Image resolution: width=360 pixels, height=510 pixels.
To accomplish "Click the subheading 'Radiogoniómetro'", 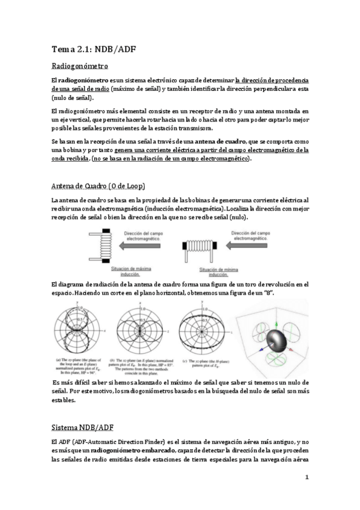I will point(80,66).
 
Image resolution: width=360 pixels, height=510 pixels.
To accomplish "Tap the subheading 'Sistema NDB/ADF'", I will point(82,410).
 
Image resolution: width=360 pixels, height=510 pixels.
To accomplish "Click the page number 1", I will point(307,478).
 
